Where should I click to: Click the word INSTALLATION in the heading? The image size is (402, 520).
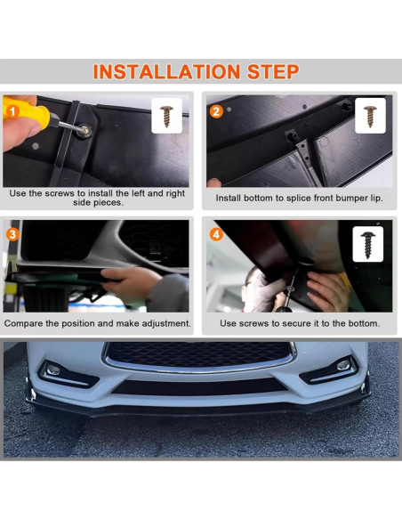tap(166, 71)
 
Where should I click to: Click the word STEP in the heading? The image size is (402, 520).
tap(273, 71)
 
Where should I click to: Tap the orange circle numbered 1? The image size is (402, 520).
tap(12, 112)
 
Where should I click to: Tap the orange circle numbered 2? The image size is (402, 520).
tap(216, 112)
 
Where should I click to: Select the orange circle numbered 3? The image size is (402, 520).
tap(12, 234)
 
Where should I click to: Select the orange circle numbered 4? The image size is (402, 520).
tap(216, 234)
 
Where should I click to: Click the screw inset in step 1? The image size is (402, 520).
tap(166, 116)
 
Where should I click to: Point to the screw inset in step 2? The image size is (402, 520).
tap(370, 116)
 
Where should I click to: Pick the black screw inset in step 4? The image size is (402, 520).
tap(368, 245)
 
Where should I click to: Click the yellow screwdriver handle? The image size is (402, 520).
tap(26, 113)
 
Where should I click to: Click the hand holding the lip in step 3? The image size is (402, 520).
tap(132, 280)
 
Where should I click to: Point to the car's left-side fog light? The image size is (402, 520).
tap(53, 370)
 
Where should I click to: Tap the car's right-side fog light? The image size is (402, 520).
tap(343, 365)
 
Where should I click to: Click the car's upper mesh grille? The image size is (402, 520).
tap(199, 354)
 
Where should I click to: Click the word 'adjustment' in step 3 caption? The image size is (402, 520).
tap(166, 324)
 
